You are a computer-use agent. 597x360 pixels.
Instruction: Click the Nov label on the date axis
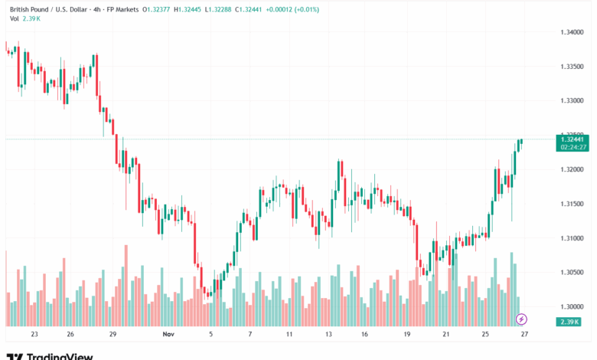(169, 335)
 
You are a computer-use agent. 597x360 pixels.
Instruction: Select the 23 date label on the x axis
(34, 335)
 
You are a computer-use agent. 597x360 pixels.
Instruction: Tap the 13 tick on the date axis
(328, 335)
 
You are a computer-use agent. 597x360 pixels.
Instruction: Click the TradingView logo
(50, 355)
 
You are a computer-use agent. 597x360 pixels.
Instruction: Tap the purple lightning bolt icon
(522, 318)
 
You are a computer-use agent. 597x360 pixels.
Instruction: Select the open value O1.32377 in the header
(157, 9)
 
